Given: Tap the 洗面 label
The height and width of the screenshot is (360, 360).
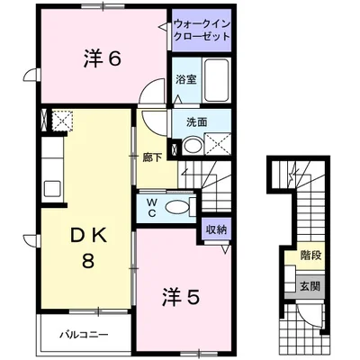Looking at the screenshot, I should click(197, 122).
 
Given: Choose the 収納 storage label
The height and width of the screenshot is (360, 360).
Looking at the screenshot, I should click(215, 230).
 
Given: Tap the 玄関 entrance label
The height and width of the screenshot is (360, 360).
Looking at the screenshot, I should click(310, 286).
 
